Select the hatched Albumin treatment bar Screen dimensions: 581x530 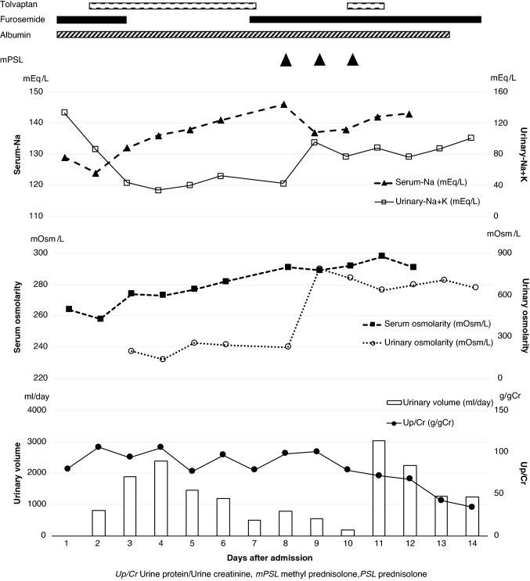tap(253, 34)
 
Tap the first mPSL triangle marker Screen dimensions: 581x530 tap(286, 60)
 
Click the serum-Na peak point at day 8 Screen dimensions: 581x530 tap(283, 105)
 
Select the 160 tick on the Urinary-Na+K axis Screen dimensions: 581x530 tap(498, 91)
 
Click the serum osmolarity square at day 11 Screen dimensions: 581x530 tap(381, 256)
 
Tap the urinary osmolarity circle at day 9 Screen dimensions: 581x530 tap(319, 268)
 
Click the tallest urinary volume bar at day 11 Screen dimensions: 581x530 tap(378, 487)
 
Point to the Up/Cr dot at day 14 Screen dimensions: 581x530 tap(471, 507)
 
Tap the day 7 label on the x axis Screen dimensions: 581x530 tap(254, 543)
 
